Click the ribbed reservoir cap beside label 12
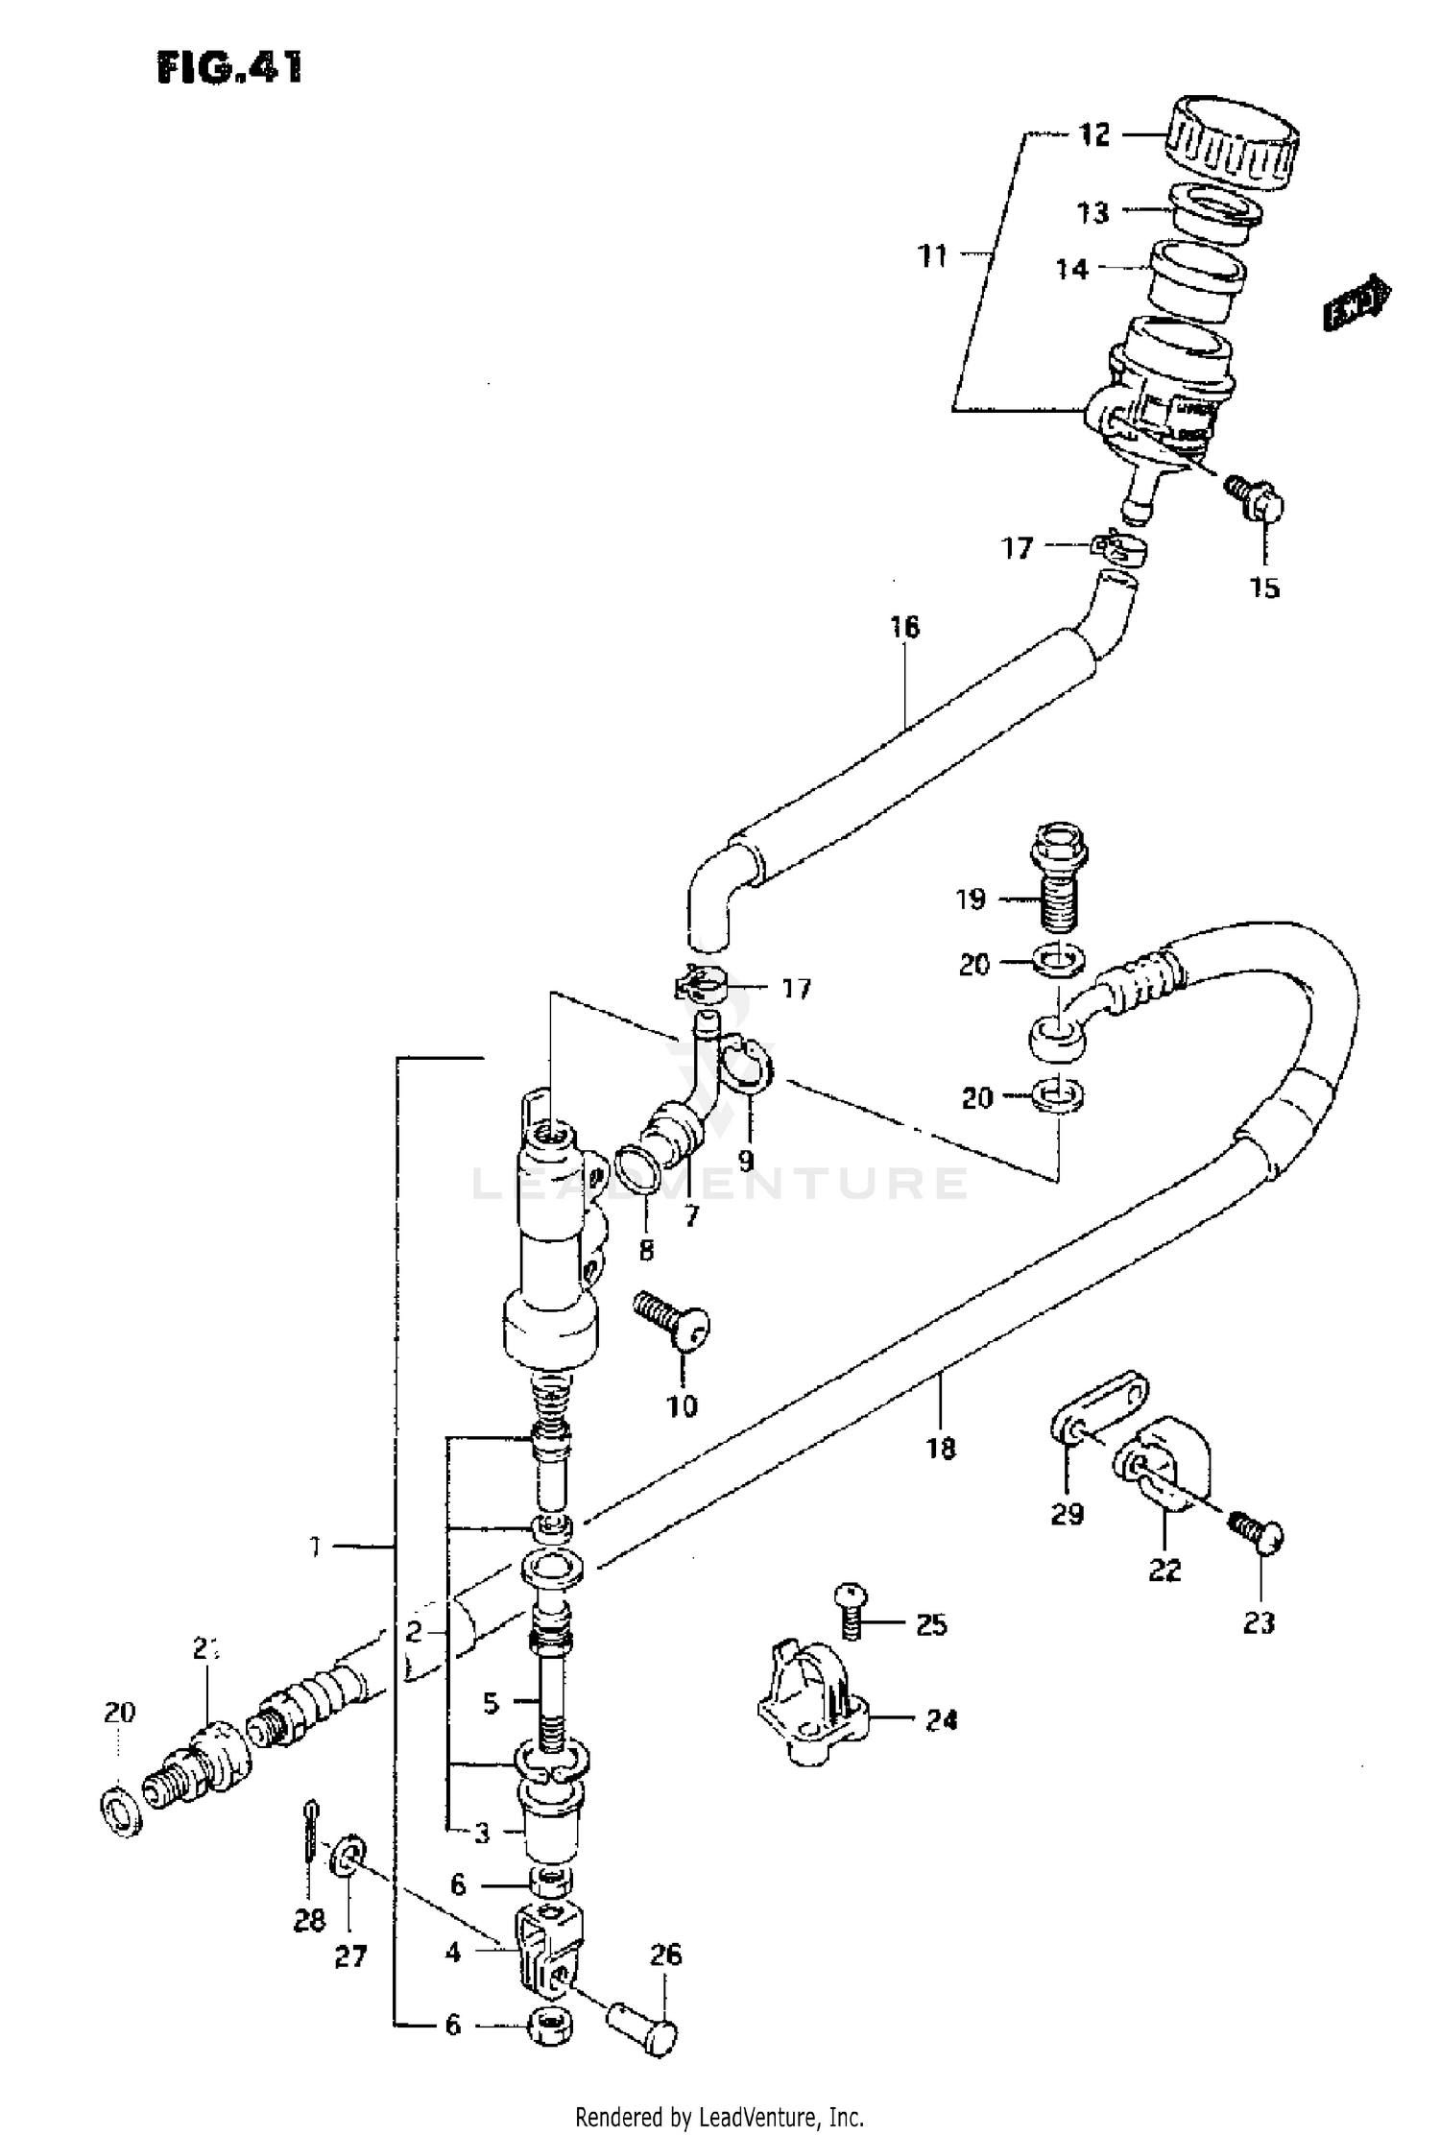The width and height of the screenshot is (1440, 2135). (x=1233, y=141)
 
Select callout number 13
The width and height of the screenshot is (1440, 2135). (x=1092, y=212)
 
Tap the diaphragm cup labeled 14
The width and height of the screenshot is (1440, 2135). (x=1197, y=279)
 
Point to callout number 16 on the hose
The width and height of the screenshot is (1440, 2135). (x=904, y=627)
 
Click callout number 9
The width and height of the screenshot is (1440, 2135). (x=746, y=1161)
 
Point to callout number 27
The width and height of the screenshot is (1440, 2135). (x=350, y=1956)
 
